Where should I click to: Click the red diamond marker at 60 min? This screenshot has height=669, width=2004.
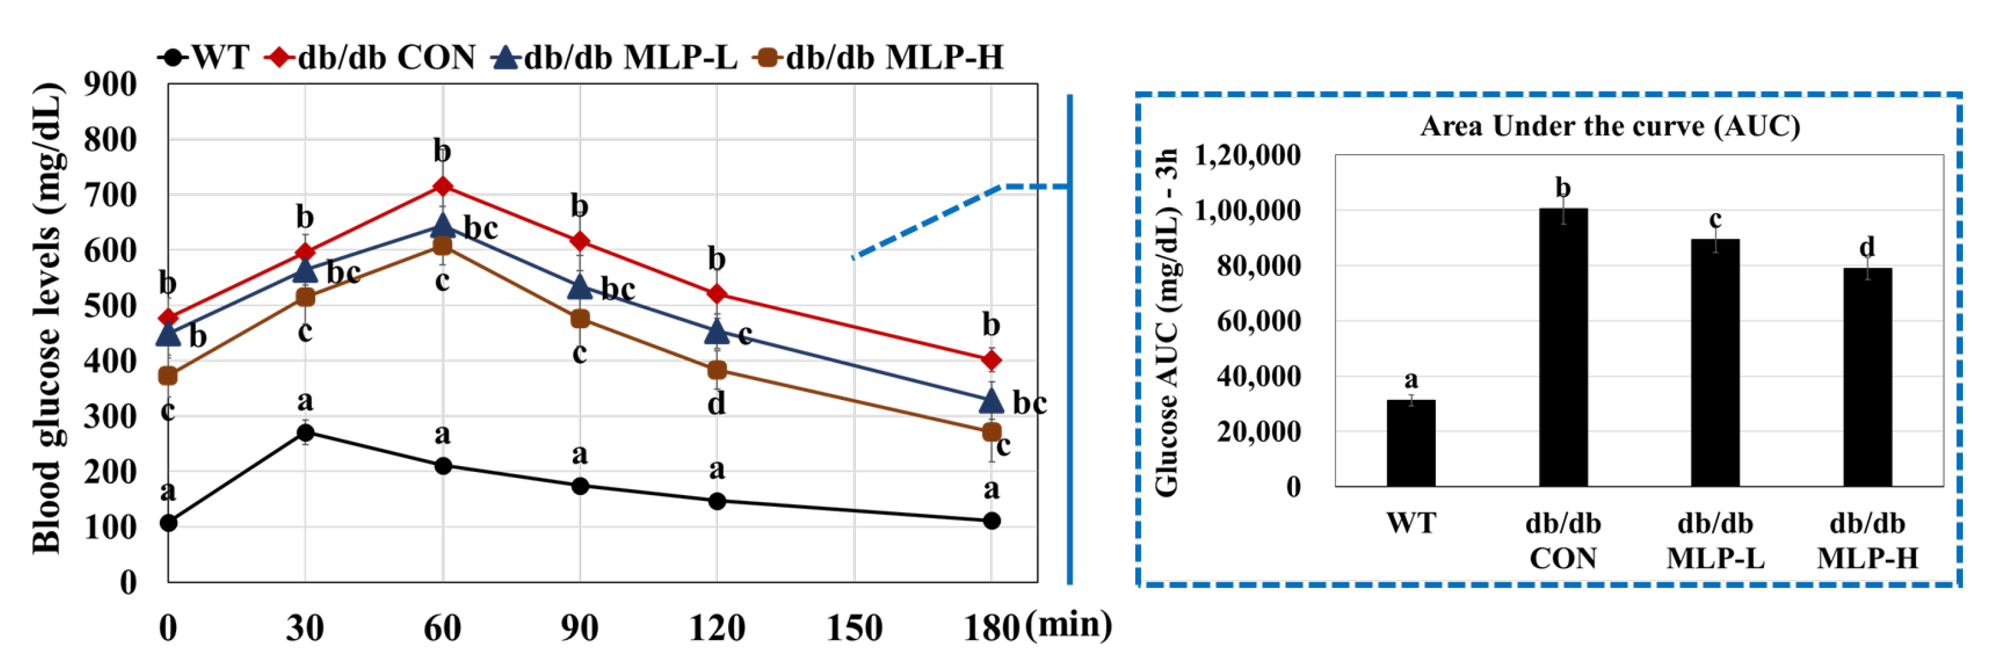[442, 187]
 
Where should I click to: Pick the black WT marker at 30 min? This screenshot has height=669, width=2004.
[306, 433]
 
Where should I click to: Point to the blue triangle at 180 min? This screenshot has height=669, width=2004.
[991, 401]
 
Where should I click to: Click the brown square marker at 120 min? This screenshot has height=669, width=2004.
[717, 370]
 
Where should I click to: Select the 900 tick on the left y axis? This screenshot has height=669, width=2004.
[110, 84]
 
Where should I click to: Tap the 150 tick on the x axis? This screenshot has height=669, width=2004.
[854, 627]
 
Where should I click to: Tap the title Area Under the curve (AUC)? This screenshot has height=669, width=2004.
[1610, 126]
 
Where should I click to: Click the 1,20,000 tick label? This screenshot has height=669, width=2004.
[1247, 155]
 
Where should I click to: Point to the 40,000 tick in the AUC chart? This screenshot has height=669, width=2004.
[1258, 376]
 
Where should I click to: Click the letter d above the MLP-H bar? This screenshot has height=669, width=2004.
[1867, 247]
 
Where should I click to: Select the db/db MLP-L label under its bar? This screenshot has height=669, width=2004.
[1714, 540]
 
